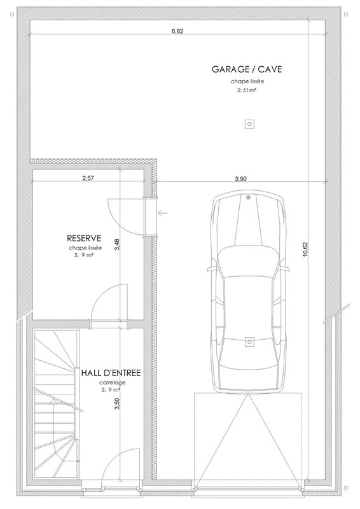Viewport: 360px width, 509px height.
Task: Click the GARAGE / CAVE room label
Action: [x=247, y=69]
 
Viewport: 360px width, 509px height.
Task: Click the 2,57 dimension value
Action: [x=88, y=179]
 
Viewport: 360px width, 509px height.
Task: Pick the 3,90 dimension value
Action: [x=240, y=179]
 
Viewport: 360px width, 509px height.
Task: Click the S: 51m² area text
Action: [x=247, y=91]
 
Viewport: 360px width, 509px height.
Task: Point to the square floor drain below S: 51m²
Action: [x=249, y=124]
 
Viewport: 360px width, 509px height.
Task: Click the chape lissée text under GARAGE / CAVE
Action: [x=247, y=82]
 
